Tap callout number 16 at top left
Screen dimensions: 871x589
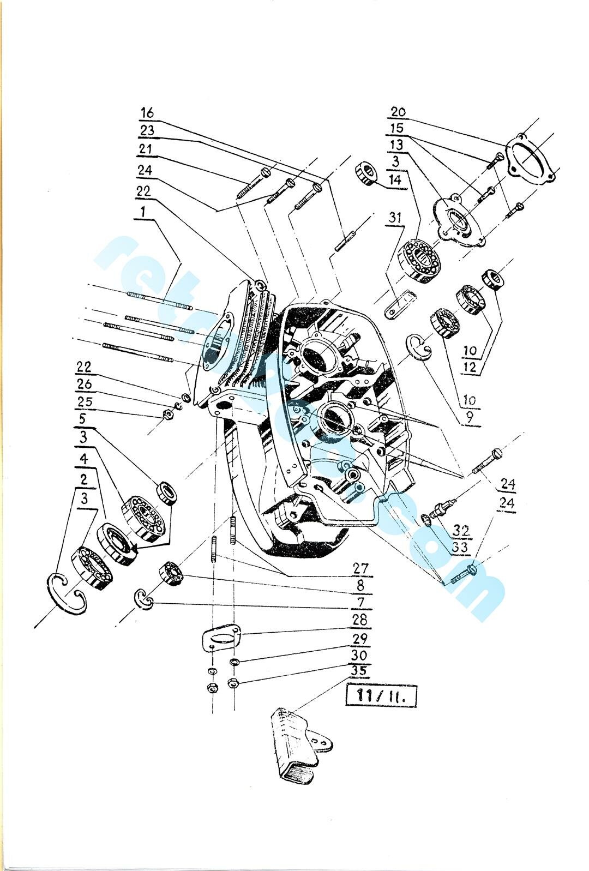[x=147, y=113]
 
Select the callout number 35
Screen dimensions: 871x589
[x=360, y=671]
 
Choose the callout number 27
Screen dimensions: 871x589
[x=360, y=568]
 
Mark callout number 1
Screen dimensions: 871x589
[x=143, y=212]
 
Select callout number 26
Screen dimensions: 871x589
[x=85, y=384]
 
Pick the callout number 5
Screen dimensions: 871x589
[x=83, y=419]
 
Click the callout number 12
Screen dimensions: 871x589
[x=470, y=367]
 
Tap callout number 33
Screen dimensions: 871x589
[x=461, y=547]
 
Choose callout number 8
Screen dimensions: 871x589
[x=360, y=585]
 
